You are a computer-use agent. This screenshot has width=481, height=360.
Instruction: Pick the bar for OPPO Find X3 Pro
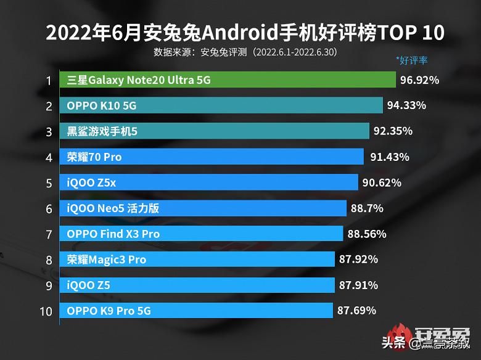201,234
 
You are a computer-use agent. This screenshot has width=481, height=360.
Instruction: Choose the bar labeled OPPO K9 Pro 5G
196,311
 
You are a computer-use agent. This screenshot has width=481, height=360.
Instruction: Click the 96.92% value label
419,80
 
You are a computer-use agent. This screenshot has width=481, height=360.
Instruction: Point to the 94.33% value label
406,105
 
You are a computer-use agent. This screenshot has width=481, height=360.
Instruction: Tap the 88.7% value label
367,208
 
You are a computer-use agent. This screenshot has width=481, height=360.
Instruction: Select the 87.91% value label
358,285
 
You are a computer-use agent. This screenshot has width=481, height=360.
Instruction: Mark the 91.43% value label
389,157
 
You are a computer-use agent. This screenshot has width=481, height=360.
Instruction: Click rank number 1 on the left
48,80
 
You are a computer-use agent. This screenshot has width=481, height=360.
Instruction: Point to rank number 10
46,311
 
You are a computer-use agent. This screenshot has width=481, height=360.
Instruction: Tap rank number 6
48,208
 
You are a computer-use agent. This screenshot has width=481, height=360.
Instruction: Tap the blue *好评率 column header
412,60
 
